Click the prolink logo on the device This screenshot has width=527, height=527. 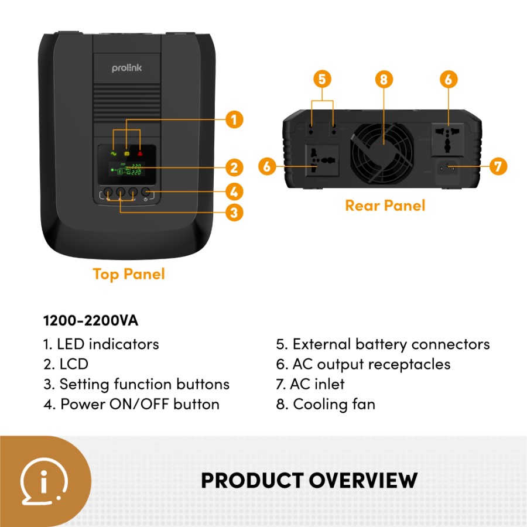tap(126, 69)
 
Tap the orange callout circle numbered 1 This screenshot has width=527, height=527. tap(234, 120)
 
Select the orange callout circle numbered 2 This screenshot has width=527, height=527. tap(234, 168)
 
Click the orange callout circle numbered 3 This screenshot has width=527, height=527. tap(234, 212)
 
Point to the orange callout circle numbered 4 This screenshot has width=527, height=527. tap(234, 191)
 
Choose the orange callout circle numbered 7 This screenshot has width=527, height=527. tap(497, 166)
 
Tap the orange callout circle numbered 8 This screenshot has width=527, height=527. tap(384, 79)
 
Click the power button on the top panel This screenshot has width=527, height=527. tap(146, 192)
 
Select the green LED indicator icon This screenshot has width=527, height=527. tap(113, 153)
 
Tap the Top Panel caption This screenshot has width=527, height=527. tap(129, 274)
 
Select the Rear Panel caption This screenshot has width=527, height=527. tap(385, 206)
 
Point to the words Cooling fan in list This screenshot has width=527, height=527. tap(334, 404)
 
